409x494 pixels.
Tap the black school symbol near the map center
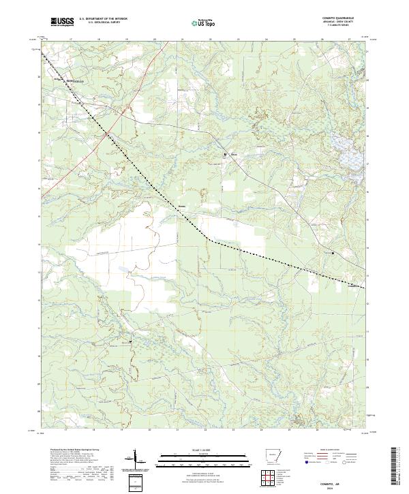(226, 155)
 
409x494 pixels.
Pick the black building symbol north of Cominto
(333, 252)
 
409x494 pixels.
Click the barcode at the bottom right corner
(397, 467)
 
